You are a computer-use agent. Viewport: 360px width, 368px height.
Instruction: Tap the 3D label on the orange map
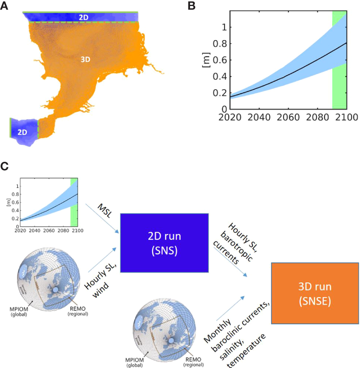[x=85, y=59]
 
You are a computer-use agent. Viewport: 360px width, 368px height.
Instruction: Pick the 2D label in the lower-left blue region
[x=22, y=132]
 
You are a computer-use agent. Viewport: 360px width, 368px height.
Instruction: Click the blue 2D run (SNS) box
[x=164, y=243]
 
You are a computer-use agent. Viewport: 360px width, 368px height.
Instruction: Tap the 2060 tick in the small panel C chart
[x=49, y=230]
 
